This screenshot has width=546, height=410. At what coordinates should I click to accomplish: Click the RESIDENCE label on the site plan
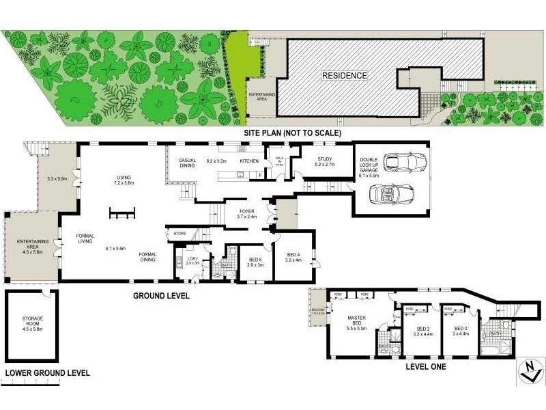pyautogui.click(x=345, y=75)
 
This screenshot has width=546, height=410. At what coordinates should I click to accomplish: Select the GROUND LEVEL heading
pyautogui.click(x=161, y=296)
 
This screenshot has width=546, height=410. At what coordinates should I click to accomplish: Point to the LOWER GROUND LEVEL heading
pyautogui.click(x=47, y=373)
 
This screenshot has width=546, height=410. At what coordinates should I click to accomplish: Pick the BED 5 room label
pyautogui.click(x=255, y=260)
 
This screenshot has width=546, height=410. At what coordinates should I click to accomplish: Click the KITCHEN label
pyautogui.click(x=248, y=161)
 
